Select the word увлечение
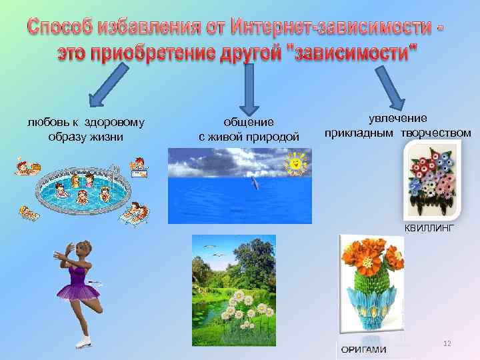click(x=398, y=118)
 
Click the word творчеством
click(x=437, y=133)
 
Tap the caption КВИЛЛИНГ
click(x=429, y=228)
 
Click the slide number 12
click(x=447, y=343)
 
